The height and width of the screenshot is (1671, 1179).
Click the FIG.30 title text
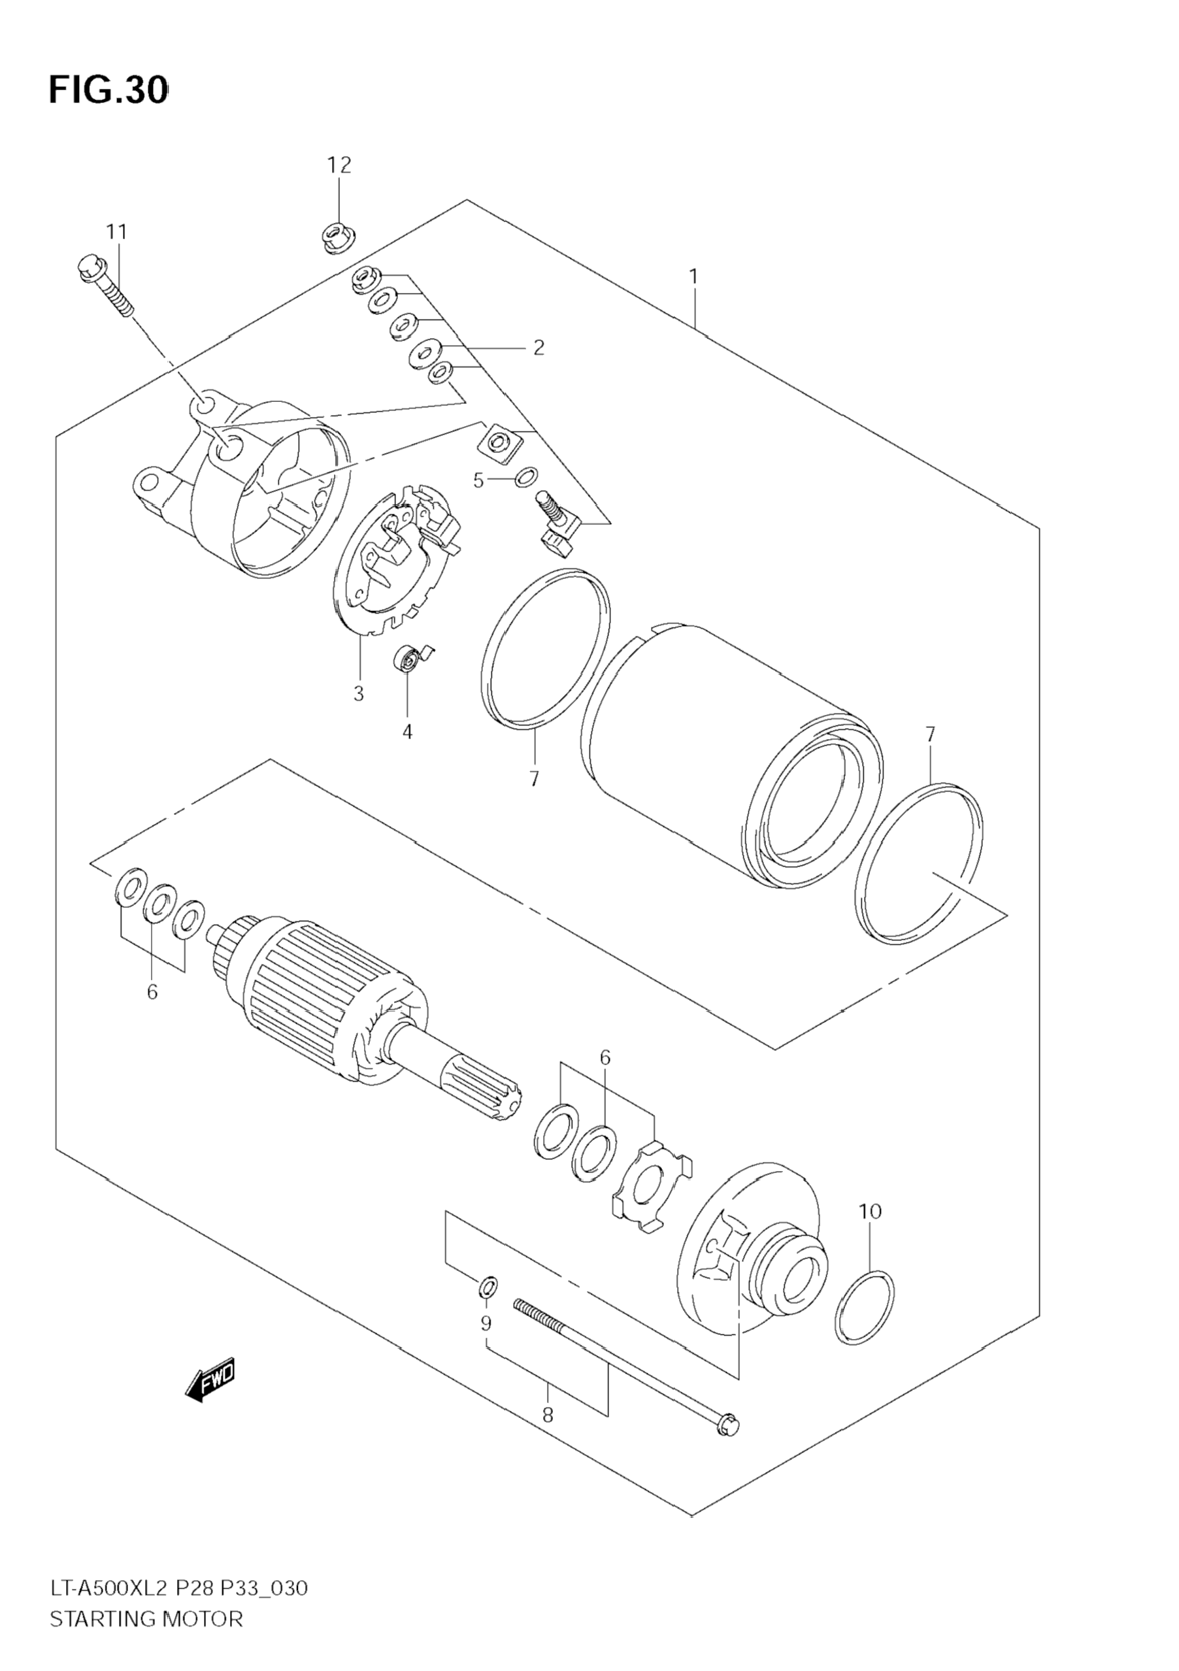point(108,90)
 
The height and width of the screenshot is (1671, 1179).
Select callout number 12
point(339,165)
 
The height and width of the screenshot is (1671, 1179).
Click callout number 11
point(116,232)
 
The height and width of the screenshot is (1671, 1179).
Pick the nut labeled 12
point(337,238)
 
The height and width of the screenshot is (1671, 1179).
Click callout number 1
point(693,276)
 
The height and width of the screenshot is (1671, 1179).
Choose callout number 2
point(539,348)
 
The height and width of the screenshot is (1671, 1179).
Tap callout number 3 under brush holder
point(359,694)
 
